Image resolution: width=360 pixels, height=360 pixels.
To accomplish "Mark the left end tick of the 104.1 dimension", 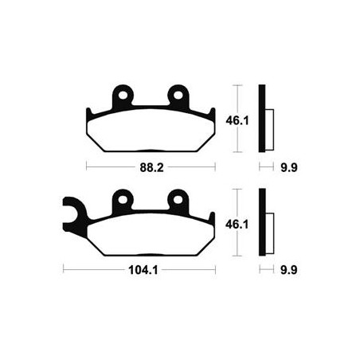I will point(63,271).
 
